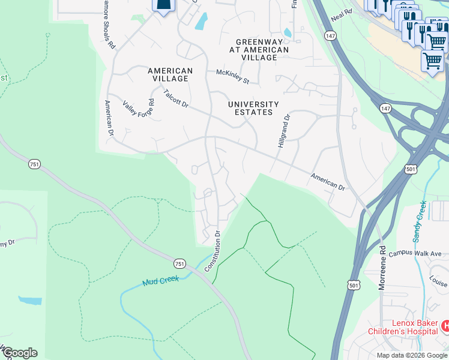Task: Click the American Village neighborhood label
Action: pos(170,74)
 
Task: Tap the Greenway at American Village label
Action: pos(262,49)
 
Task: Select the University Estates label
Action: pos(254,108)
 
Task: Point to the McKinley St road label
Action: pos(232,76)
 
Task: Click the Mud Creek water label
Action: pos(160,281)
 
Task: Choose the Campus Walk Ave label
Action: pos(415,254)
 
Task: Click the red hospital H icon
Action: pos(445,326)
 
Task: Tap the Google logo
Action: pos(19,353)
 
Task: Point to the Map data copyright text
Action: pos(412,355)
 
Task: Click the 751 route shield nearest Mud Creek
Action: pos(179,264)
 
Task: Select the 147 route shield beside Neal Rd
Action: pos(329,37)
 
